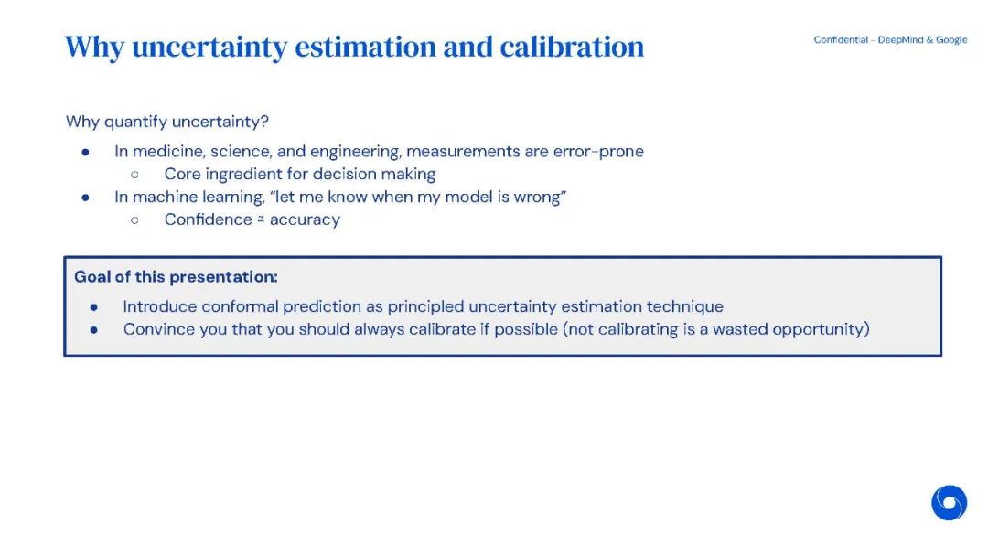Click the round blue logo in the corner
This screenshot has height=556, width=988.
coord(949,502)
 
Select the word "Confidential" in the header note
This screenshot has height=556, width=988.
coord(841,39)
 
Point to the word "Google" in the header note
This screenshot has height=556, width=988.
coord(951,39)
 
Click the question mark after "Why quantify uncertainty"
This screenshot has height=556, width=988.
coord(264,121)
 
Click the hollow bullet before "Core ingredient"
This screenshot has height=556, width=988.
coord(134,175)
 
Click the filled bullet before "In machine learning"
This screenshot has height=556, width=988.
coord(85,198)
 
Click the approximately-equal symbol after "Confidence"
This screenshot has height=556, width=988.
coord(261,219)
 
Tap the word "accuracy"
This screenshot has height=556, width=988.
coord(305,219)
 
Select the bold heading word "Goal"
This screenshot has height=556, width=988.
coord(92,276)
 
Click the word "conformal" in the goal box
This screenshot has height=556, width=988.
coord(240,306)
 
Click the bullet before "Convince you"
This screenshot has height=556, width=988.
coord(94,329)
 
